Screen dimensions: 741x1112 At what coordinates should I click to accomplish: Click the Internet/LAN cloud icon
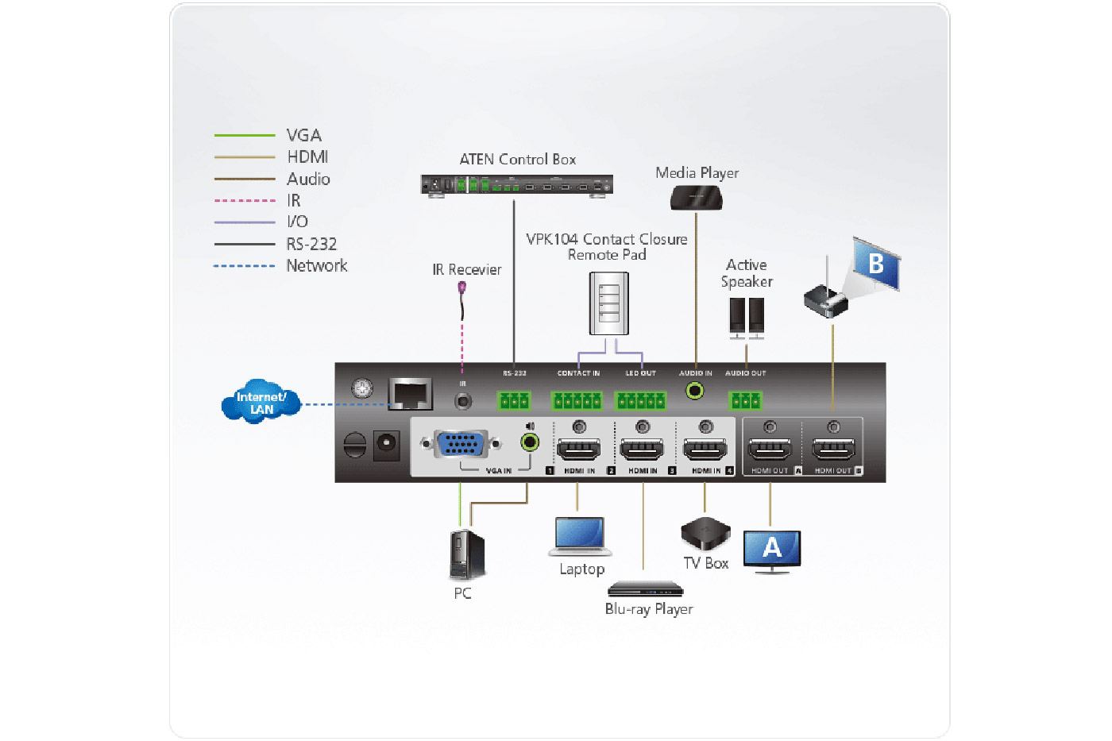pos(261,402)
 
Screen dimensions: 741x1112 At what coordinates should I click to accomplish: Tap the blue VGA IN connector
pos(461,444)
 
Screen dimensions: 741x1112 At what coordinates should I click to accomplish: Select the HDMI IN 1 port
pos(579,450)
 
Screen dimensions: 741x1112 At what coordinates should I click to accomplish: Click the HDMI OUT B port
pos(833,450)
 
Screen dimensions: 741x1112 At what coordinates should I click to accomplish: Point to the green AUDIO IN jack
pos(696,391)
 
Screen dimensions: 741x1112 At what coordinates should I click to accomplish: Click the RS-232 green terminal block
pos(514,400)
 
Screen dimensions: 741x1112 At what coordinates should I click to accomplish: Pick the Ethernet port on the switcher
pos(410,393)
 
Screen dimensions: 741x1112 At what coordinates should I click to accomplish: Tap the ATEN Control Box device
pos(517,186)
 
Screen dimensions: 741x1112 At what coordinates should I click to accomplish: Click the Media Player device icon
pos(697,198)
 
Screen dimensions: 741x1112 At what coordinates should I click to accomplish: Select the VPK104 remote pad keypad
pos(608,303)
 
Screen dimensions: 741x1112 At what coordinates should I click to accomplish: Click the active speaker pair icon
pos(747,317)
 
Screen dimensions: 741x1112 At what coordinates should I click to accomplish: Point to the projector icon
pos(826,301)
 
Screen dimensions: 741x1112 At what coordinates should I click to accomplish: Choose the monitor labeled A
pos(772,550)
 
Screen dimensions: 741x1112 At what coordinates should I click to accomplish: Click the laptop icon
pos(580,536)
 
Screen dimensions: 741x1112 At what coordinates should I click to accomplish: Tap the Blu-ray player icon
pos(645,589)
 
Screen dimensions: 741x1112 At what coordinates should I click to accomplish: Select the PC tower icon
pos(466,554)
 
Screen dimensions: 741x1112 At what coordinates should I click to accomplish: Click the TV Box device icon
pos(705,534)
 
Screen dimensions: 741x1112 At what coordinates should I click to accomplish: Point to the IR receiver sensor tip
pos(462,288)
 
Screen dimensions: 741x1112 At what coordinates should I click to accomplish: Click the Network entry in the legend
pos(316,265)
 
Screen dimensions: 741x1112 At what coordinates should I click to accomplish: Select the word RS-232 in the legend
pos(311,244)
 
